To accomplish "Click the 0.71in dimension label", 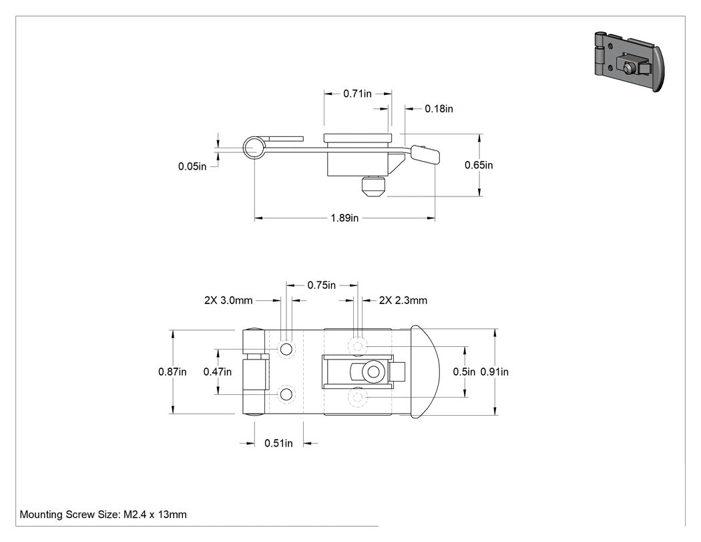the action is point(357,94).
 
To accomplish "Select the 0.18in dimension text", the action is point(439,109).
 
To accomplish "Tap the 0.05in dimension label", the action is point(192,166).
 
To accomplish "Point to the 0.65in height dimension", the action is point(479,165).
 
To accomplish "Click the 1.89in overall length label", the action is point(344,218).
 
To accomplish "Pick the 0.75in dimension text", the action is point(321,285).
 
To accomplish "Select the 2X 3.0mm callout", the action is point(228,300).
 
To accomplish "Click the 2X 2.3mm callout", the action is point(403,300).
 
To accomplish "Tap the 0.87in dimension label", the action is point(172,372).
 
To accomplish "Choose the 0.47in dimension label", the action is point(217,372).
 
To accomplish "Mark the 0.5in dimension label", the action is point(464,372).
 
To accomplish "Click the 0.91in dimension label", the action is point(495,372).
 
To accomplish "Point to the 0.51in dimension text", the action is point(278,443).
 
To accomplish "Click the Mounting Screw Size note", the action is point(103,515).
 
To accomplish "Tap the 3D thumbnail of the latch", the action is point(629,61).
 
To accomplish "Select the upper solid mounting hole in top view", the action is point(286,349).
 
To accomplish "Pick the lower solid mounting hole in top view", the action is point(286,395).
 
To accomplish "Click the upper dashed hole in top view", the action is point(358,346).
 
